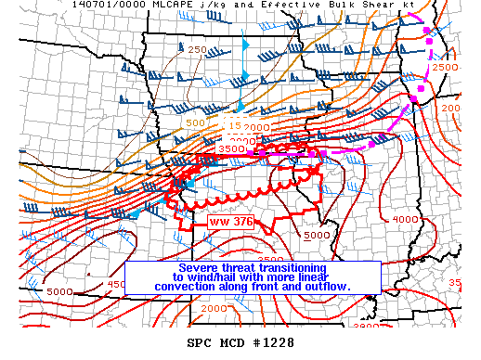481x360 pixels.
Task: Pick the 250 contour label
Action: [198, 49]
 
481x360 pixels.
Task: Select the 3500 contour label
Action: [229, 148]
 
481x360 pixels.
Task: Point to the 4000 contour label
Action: [405, 219]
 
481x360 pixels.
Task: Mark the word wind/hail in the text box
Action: [218, 276]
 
